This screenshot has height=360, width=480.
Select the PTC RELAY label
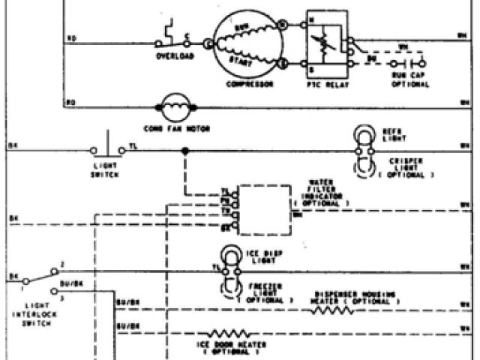[x=325, y=84]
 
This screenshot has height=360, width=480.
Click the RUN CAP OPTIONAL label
[x=410, y=80]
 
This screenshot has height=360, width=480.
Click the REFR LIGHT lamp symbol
[x=364, y=134]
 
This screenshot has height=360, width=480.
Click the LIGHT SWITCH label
[x=106, y=171]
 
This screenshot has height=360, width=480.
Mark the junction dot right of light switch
[x=184, y=151]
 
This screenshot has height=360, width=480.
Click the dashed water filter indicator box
[x=262, y=208]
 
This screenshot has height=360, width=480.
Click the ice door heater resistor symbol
[x=225, y=331]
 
